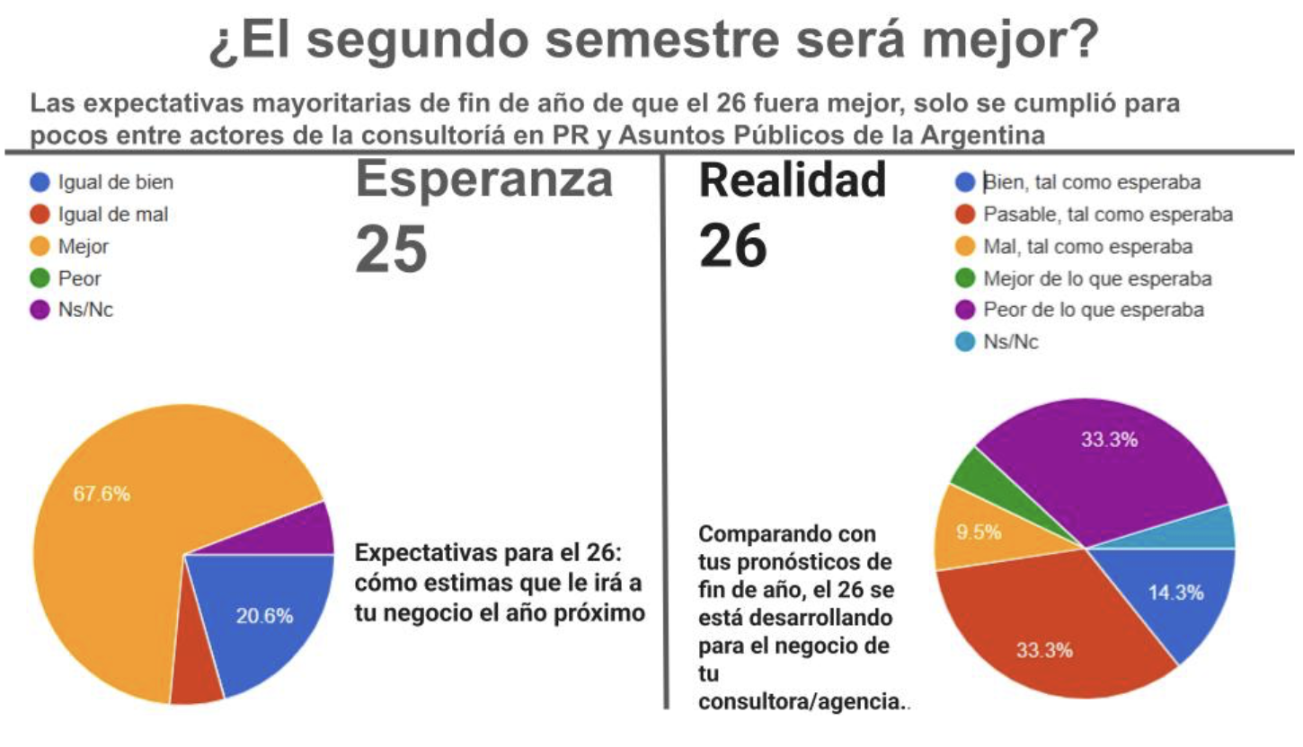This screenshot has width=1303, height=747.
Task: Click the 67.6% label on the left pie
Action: coord(102,494)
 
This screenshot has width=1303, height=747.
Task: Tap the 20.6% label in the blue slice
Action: coord(265,616)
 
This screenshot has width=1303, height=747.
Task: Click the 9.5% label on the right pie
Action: coord(979,532)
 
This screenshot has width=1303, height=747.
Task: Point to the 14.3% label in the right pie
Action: coord(1175,593)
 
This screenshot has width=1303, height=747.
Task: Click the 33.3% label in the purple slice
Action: coord(1109,439)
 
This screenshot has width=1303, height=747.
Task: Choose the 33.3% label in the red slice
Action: coord(1045,650)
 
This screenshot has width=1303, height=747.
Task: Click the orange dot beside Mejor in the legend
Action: coord(40,247)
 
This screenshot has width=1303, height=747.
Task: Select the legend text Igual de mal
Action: coord(113,215)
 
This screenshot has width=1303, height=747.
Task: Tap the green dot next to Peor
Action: coord(40,278)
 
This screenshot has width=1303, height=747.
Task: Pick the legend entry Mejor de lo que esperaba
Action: coord(1097,279)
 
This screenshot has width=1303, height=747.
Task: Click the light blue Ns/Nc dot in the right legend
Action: coord(965,342)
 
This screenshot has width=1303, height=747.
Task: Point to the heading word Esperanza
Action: coord(484,181)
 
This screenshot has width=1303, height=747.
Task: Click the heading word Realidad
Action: coord(793,180)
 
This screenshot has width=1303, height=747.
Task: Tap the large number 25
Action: coord(392,250)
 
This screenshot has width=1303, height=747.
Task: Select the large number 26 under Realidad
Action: coord(733,246)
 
